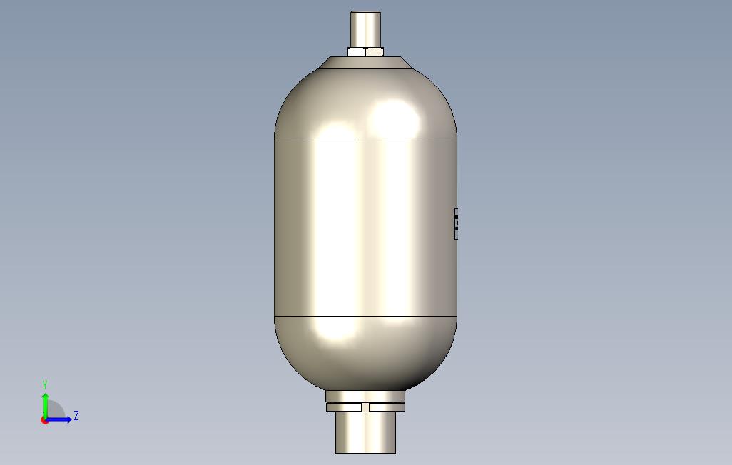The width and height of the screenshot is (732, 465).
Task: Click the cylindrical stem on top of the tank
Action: point(365,29)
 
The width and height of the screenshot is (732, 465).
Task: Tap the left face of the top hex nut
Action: point(357,52)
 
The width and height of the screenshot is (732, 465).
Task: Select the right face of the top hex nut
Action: point(375,52)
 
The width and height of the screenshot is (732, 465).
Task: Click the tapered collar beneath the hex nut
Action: point(365,63)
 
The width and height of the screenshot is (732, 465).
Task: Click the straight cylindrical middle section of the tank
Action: point(365,228)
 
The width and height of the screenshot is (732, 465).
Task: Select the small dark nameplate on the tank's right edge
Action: point(456,224)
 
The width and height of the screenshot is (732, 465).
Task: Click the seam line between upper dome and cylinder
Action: point(365,140)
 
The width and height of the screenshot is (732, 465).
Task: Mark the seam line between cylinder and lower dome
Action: point(365,316)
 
